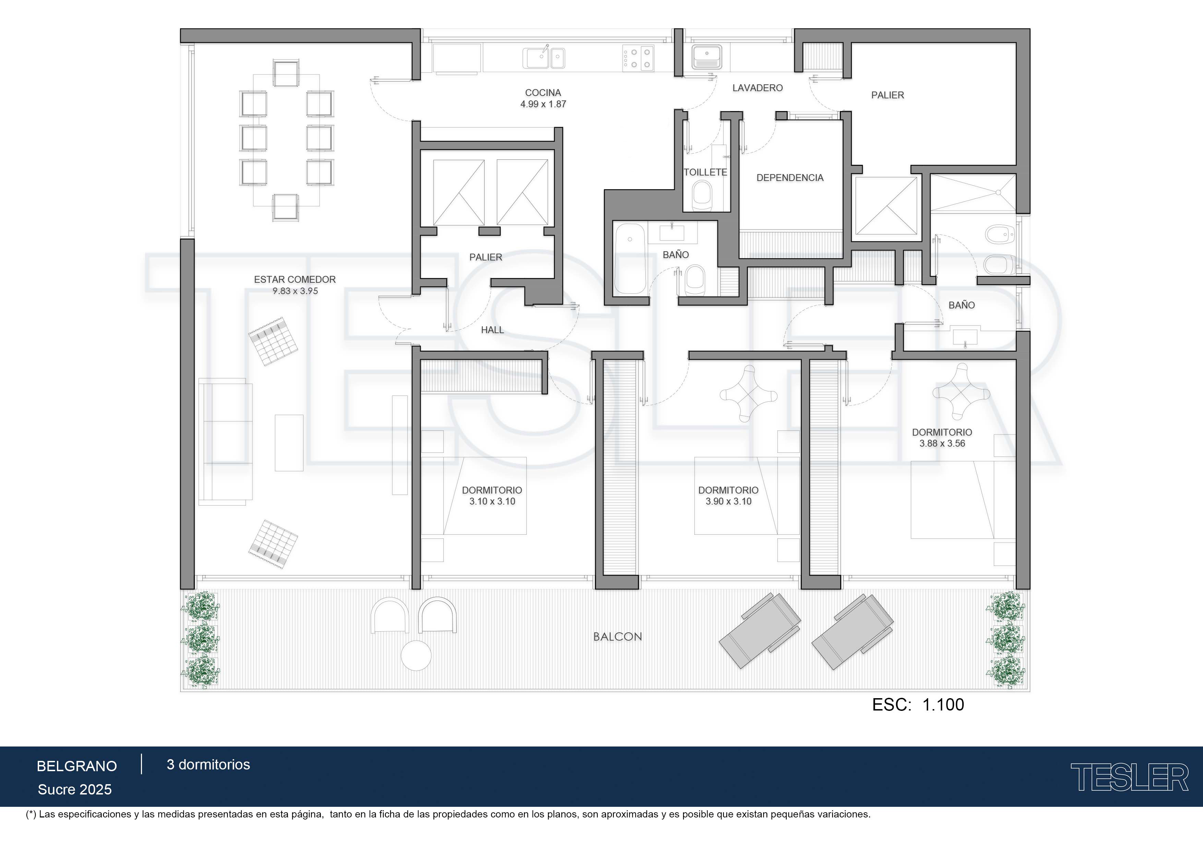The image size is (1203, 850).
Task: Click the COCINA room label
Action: tap(543, 93)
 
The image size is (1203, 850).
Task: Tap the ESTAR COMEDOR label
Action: tap(295, 280)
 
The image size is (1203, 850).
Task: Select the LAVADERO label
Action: tap(757, 88)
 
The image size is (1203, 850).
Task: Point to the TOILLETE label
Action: tap(705, 172)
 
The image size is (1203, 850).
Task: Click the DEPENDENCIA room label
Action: tap(790, 178)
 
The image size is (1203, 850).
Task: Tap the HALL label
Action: tap(492, 330)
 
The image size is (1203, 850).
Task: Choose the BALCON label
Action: tap(617, 637)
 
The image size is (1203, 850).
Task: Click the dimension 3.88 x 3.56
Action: tap(942, 444)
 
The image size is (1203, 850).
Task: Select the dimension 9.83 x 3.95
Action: tap(295, 291)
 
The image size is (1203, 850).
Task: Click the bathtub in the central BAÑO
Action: tap(630, 259)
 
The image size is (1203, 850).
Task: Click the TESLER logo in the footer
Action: tap(1130, 777)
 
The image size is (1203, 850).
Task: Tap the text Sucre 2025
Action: tap(74, 790)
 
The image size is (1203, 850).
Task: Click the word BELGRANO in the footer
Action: tap(76, 766)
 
